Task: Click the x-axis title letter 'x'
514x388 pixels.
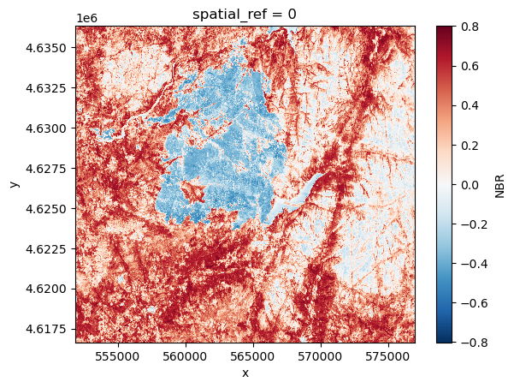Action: (245, 373)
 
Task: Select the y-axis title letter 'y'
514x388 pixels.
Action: (13, 184)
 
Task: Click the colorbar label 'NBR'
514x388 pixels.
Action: (500, 184)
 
